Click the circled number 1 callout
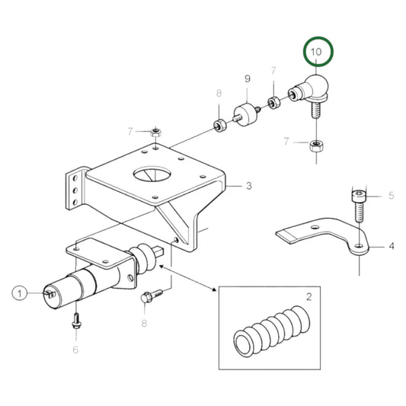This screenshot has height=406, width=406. pos(21,292)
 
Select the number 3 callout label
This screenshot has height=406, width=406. pos(248,184)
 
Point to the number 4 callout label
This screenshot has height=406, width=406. pos(391,246)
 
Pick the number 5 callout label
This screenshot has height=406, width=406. pos(391,196)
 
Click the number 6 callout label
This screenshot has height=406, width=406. pos(75,349)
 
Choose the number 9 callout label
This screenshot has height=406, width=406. pos(247,78)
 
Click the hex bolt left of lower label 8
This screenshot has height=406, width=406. pos(150,296)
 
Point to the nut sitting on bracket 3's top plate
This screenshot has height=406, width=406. pos(155,131)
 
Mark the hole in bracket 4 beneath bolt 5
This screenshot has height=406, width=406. pos(357,245)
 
